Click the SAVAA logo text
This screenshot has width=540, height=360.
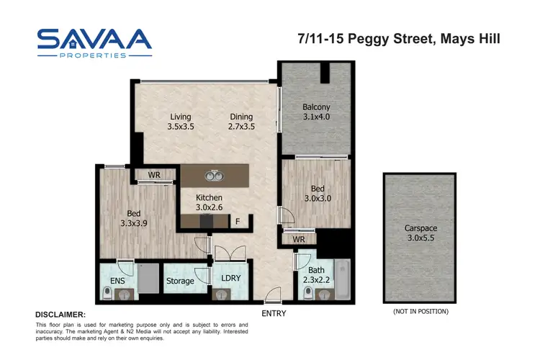pyautogui.click(x=94, y=40)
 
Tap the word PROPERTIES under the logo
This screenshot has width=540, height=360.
pyautogui.click(x=94, y=55)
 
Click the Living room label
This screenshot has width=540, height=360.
pyautogui.click(x=181, y=117)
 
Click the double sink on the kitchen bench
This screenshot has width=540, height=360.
pyautogui.click(x=214, y=175)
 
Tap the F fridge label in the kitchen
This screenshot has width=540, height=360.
pyautogui.click(x=238, y=222)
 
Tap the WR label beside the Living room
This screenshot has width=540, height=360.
pyautogui.click(x=154, y=175)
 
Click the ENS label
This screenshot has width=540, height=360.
pyautogui.click(x=117, y=281)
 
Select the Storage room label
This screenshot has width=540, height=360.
pyautogui.click(x=180, y=281)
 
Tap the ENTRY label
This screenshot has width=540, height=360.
pyautogui.click(x=274, y=313)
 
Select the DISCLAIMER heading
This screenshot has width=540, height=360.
pyautogui.click(x=60, y=315)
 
